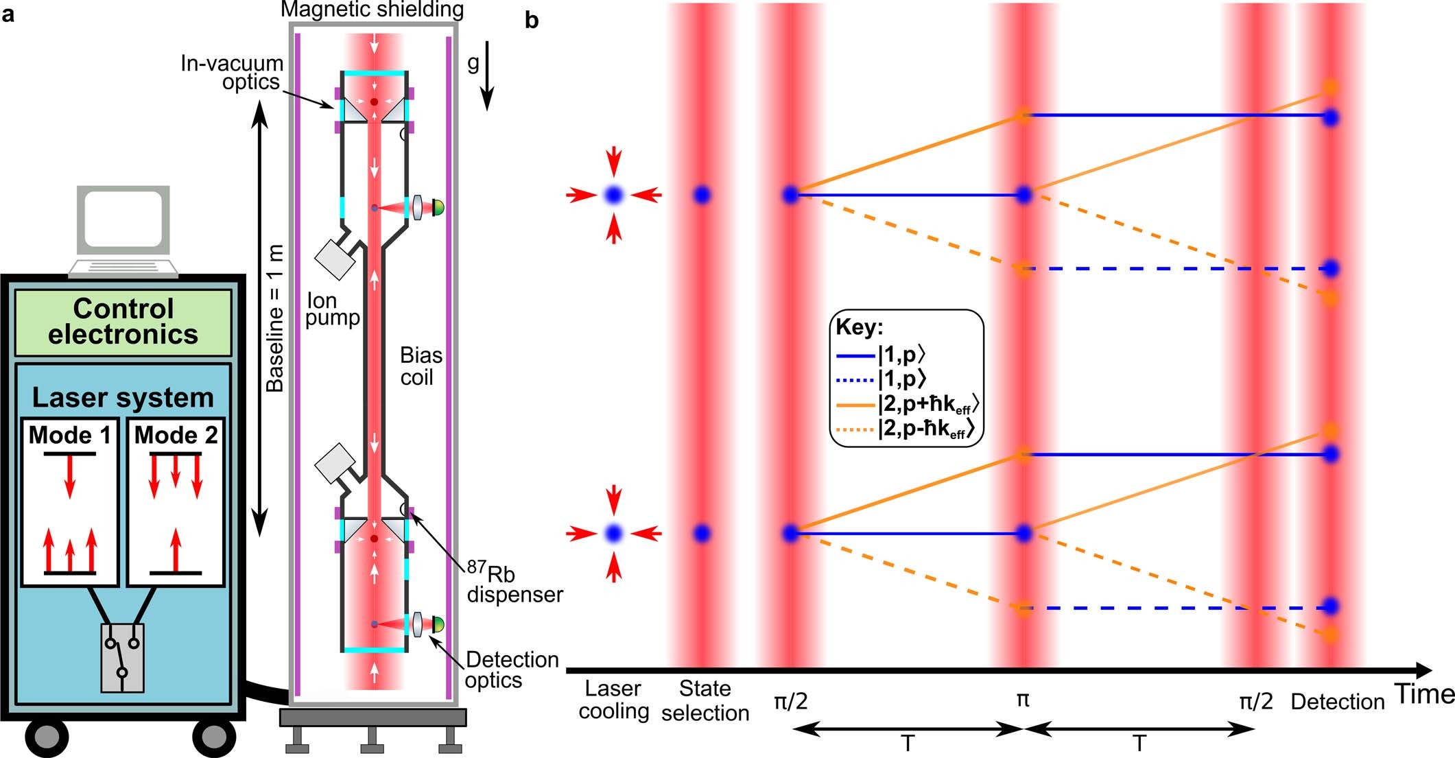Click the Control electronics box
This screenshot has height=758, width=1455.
point(123,322)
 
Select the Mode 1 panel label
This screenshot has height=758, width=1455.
point(69,435)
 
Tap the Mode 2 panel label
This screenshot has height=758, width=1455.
point(176,435)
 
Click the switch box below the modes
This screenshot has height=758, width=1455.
point(122,657)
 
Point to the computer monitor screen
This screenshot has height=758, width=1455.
point(123,219)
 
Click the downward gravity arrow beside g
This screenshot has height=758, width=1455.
point(486,75)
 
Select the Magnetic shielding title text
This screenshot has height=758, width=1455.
point(372,10)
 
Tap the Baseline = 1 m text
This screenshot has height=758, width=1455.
point(275,319)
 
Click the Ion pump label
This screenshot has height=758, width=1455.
point(332,309)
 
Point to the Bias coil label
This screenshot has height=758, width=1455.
point(420,366)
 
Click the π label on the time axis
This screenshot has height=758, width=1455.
point(1022,700)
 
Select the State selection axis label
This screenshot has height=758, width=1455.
point(705,700)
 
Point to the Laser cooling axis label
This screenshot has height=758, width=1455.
point(613,700)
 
